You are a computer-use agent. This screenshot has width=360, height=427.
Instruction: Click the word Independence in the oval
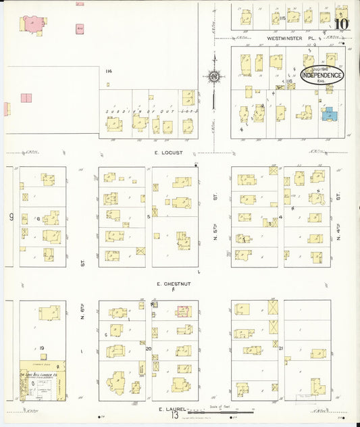pyautogui.click(x=322, y=76)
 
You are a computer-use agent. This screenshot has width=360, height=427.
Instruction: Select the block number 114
pyautogui.click(x=108, y=70)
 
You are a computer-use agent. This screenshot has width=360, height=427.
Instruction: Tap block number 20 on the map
pyautogui.click(x=149, y=349)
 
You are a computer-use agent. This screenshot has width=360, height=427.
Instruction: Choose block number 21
pyautogui.click(x=280, y=349)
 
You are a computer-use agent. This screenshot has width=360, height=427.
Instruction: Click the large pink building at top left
pyautogui.click(x=31, y=23)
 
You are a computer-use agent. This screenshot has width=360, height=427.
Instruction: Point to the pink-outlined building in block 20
pyautogui.click(x=183, y=311)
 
